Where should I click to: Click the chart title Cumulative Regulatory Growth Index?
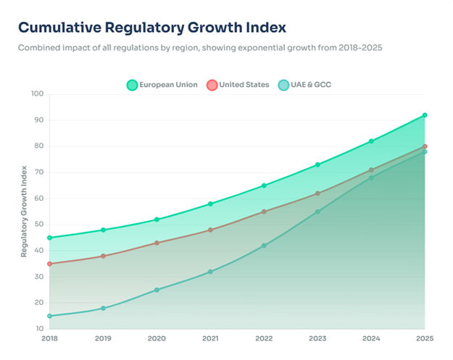(x=151, y=28)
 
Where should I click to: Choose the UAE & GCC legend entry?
(x=304, y=85)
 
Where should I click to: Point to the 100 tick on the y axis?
(x=37, y=94)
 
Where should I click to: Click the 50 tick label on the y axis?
(x=38, y=225)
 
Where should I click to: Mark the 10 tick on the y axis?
(x=38, y=329)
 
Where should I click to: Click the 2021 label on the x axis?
(x=210, y=338)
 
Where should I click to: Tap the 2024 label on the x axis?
(x=371, y=338)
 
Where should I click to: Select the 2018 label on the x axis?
(x=49, y=338)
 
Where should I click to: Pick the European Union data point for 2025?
(x=425, y=115)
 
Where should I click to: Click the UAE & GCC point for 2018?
(x=49, y=316)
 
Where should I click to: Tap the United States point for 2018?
(x=49, y=264)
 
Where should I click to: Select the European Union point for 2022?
(x=264, y=185)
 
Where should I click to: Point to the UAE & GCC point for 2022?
(x=264, y=246)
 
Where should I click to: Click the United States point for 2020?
(x=157, y=243)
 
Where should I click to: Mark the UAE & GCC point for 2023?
(x=317, y=212)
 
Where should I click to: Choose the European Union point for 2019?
(x=103, y=230)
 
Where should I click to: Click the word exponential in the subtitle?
(x=272, y=48)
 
